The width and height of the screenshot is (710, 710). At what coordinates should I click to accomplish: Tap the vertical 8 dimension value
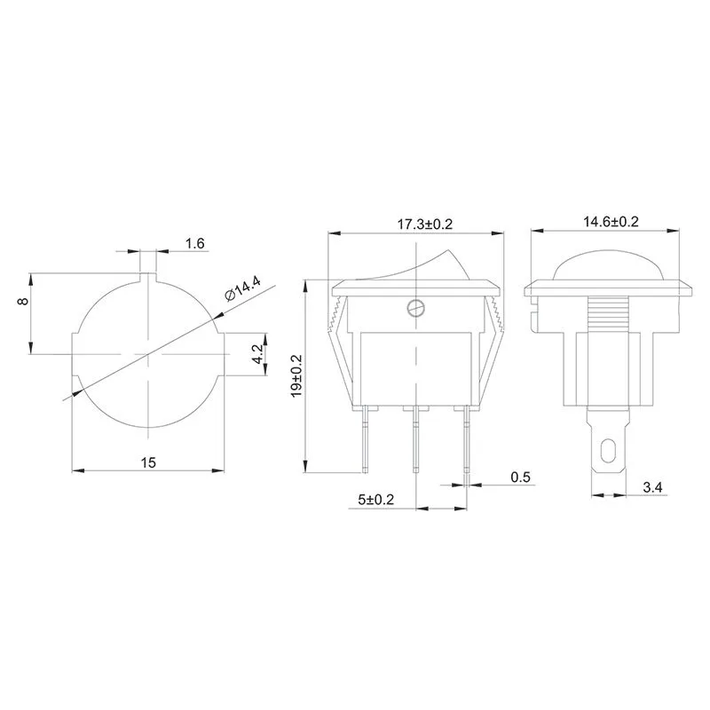tap(23, 302)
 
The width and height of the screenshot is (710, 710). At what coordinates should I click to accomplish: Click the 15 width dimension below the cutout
tap(147, 461)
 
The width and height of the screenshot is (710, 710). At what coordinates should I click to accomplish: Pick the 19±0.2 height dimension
tap(296, 377)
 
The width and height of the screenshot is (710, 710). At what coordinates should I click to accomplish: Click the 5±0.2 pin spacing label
tap(376, 501)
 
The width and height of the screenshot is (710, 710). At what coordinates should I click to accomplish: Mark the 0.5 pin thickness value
tap(520, 477)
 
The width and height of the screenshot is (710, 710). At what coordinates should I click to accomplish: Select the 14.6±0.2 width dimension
tap(611, 222)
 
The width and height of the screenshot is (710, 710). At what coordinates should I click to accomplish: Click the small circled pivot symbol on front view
tap(414, 308)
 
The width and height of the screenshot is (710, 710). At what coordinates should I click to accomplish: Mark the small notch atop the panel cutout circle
tap(147, 279)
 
